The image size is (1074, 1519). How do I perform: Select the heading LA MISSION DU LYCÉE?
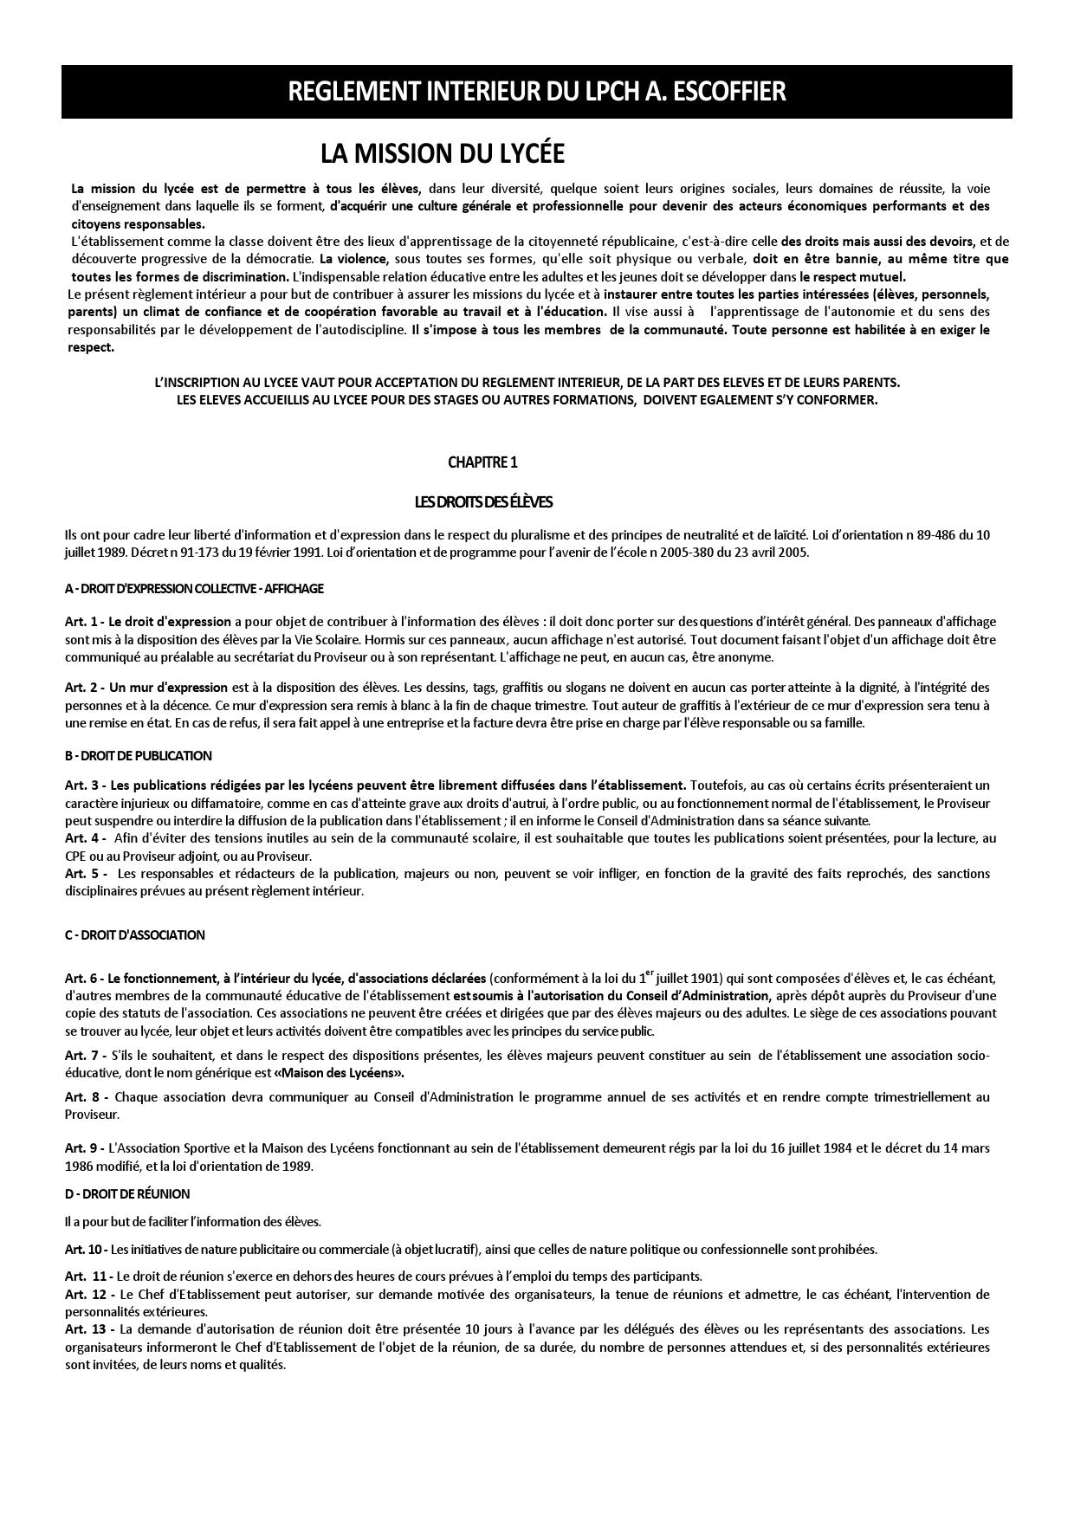click(x=442, y=154)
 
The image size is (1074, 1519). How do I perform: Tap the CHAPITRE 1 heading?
click(x=482, y=462)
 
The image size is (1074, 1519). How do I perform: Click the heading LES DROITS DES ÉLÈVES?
click(x=482, y=502)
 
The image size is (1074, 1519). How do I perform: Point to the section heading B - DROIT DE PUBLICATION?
click(x=138, y=756)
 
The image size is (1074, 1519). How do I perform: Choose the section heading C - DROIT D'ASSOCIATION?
click(x=134, y=935)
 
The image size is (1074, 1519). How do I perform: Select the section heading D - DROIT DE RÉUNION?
click(x=126, y=1194)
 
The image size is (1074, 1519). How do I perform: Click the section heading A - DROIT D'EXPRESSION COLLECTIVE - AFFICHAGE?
click(x=194, y=589)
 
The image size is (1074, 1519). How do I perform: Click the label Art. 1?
click(x=82, y=622)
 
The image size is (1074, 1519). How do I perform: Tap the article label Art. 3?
click(x=82, y=785)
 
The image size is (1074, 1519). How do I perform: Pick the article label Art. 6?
click(x=82, y=979)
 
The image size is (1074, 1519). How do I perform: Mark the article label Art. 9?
click(x=82, y=1148)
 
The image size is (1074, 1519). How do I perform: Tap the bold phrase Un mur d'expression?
click(x=168, y=688)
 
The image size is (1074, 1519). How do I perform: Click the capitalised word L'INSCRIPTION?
click(x=192, y=382)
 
